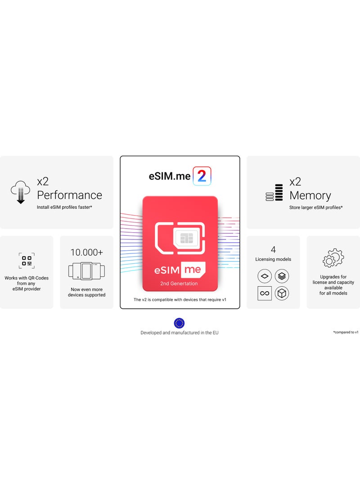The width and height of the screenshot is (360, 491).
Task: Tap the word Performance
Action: point(69,195)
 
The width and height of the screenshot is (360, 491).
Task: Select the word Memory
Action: point(310,195)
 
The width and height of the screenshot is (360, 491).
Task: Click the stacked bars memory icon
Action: point(274,193)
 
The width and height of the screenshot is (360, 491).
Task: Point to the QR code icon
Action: point(27,261)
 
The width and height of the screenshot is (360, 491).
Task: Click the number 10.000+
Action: point(86,252)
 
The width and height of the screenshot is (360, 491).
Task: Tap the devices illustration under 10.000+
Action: point(86,271)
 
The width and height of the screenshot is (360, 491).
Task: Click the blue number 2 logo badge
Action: point(202,176)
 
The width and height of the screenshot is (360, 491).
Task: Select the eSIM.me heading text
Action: point(170,176)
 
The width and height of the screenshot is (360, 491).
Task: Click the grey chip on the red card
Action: point(186,238)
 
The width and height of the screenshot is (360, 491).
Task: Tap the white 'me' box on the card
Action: point(194,271)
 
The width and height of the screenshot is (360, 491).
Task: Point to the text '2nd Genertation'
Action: point(179,284)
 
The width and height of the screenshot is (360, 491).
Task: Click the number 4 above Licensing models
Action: point(273,250)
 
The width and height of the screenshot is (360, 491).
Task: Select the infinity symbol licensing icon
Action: point(265,293)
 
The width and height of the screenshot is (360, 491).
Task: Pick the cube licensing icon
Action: point(282,293)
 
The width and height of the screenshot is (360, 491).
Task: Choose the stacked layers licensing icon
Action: point(282,276)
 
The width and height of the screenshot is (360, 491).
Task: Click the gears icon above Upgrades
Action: point(333,258)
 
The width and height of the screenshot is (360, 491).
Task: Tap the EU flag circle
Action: point(179,323)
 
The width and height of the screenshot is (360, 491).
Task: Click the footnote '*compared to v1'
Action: point(346,332)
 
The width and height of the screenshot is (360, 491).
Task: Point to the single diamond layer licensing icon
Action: point(265,276)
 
